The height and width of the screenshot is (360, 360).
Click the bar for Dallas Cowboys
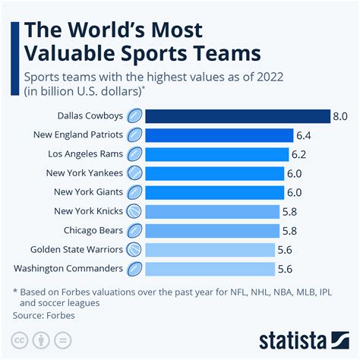point(237,115)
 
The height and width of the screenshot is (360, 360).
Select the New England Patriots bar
point(219,134)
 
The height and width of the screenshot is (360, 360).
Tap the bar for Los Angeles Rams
point(216,153)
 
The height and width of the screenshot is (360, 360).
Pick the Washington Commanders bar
point(210,268)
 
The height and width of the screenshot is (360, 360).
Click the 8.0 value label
point(341,115)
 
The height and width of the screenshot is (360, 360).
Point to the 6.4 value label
point(305,135)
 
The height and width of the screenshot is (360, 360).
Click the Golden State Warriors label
point(76,249)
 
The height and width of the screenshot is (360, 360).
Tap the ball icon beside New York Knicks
point(134,211)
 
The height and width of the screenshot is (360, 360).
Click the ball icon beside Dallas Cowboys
point(134,115)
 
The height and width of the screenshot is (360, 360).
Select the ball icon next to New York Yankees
point(134,172)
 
